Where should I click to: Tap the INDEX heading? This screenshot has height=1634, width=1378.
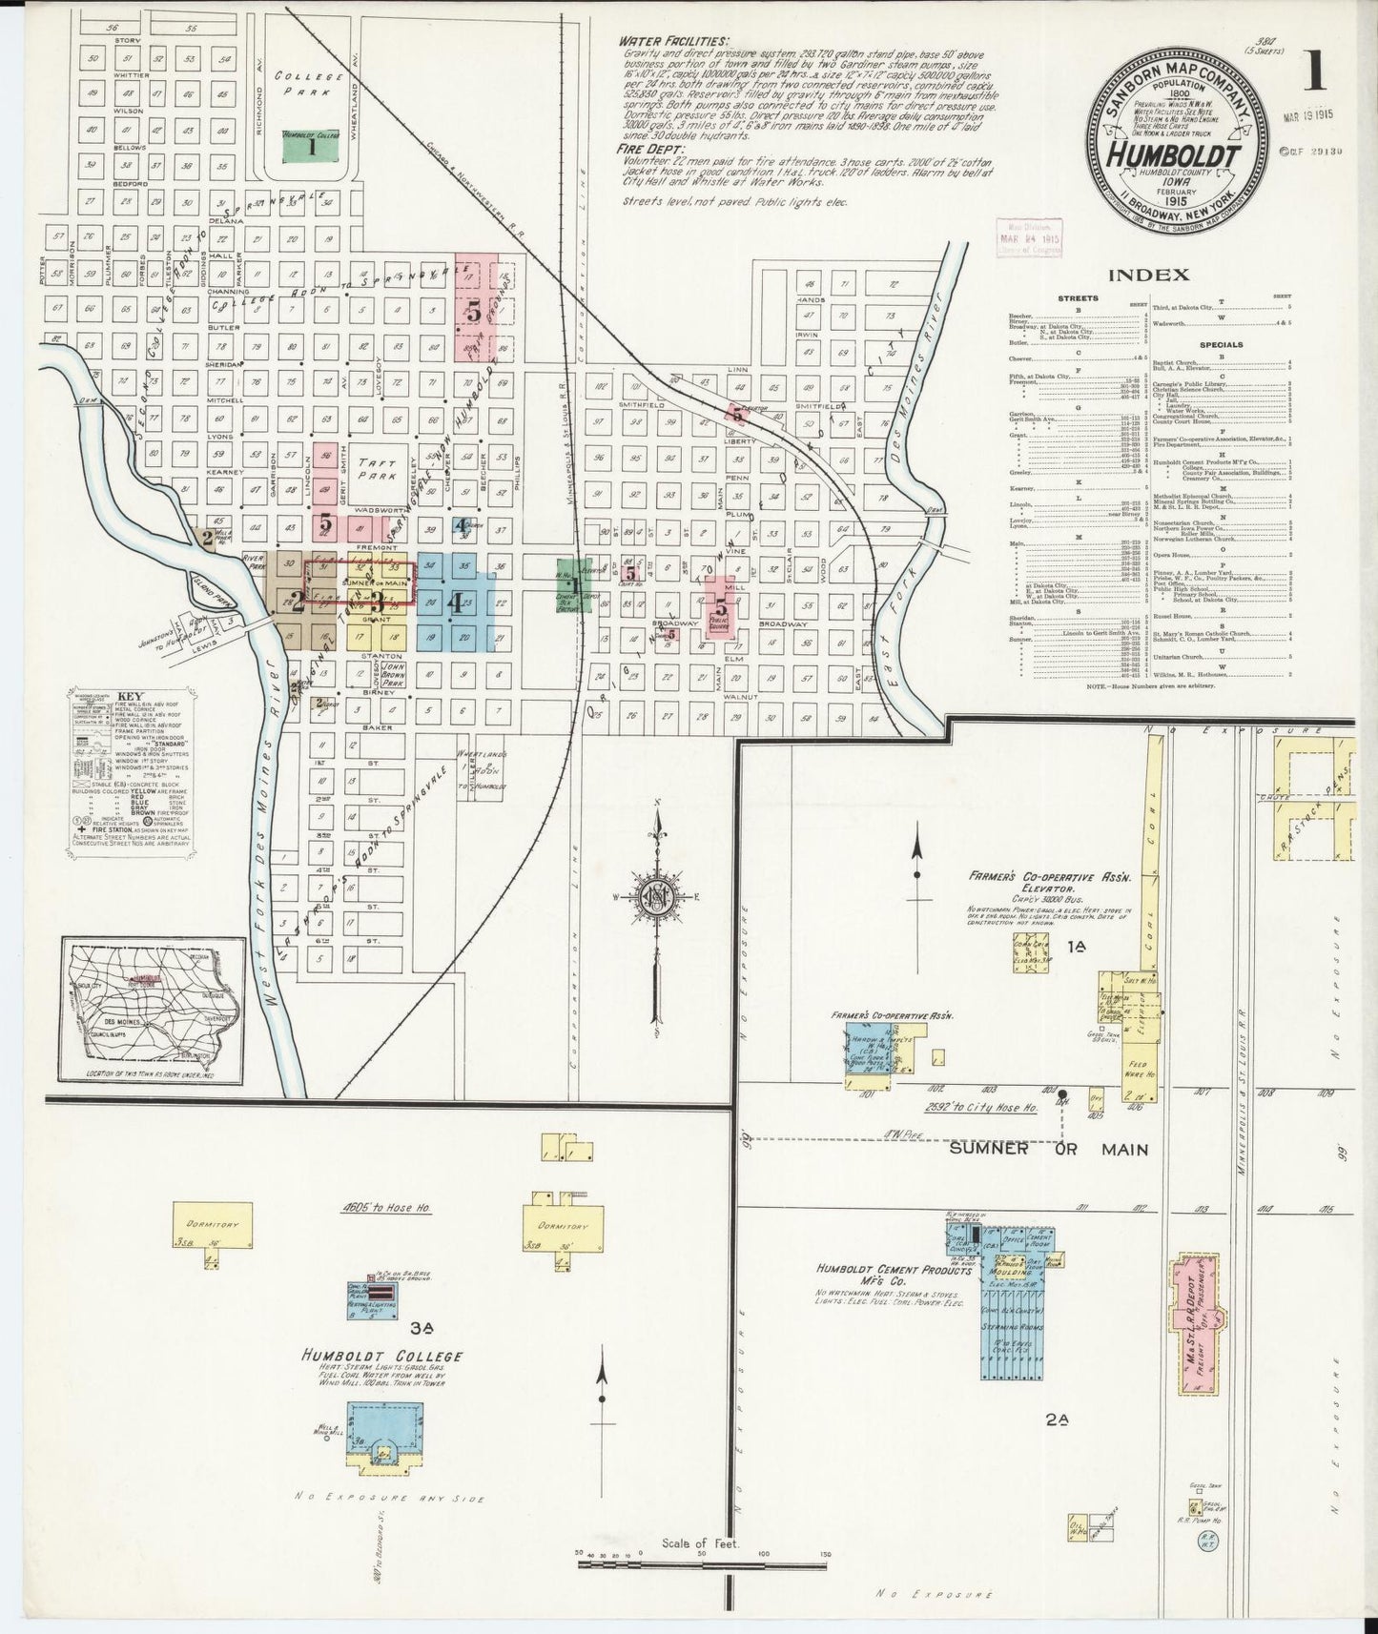(x=1148, y=275)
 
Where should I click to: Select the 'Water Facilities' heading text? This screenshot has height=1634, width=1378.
(x=672, y=42)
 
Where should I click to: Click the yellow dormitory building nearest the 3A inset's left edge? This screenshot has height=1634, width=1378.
(x=214, y=1226)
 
